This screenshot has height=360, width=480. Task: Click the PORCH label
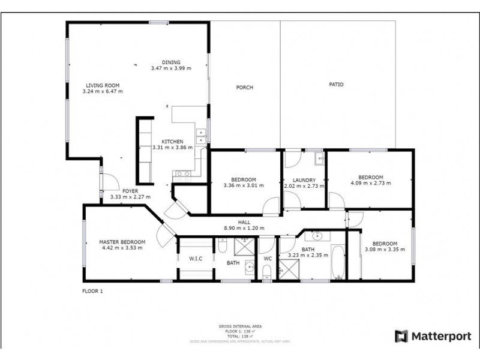click(244, 88)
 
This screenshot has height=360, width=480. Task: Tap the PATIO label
click(336, 85)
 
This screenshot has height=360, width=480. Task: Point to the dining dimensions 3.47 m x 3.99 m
click(171, 68)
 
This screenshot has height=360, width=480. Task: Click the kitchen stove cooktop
click(182, 175)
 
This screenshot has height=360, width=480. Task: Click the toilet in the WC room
click(266, 273)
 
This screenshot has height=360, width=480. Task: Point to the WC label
click(268, 259)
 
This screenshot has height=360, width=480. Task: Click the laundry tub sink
click(318, 159)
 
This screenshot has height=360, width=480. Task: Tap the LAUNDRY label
click(304, 179)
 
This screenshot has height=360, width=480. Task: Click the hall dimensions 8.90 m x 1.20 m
click(244, 228)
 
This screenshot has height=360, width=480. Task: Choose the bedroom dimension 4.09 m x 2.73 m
click(370, 183)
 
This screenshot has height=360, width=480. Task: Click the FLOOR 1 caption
click(93, 292)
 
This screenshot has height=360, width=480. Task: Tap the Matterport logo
click(432, 336)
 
